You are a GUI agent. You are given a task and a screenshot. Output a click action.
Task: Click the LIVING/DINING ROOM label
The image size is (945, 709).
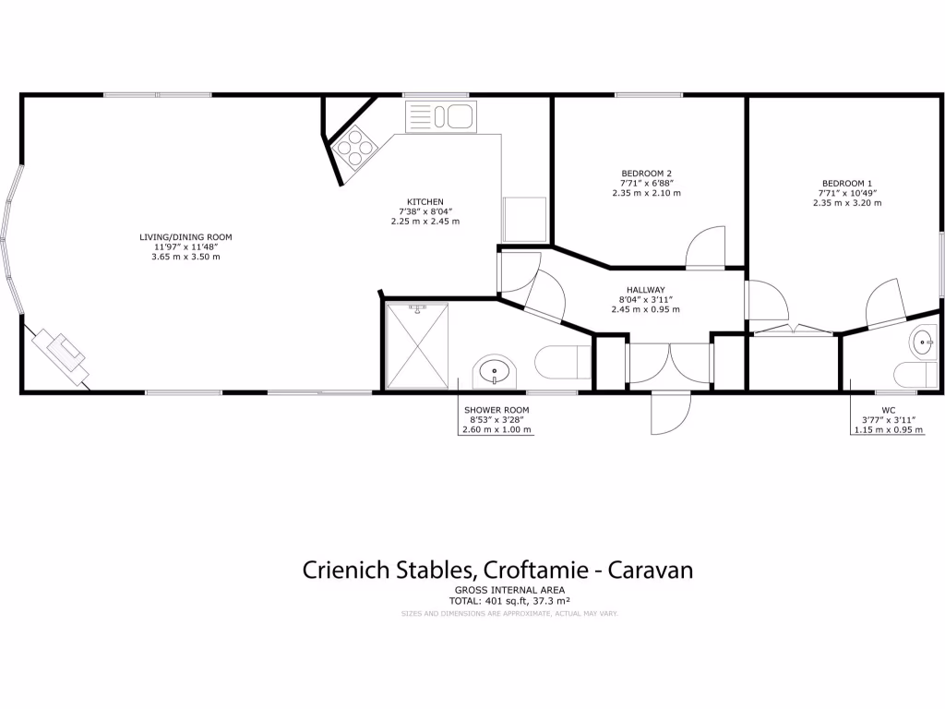click(185, 237)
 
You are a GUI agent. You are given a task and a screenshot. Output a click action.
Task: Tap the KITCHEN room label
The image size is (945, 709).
click(425, 201)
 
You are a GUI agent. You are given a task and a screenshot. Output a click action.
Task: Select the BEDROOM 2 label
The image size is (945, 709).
click(646, 174)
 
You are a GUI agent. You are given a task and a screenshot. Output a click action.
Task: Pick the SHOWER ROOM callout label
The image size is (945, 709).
click(496, 409)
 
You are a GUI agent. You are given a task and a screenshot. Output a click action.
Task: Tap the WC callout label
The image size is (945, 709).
click(888, 409)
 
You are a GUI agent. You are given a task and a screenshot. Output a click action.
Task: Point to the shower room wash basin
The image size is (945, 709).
click(495, 373)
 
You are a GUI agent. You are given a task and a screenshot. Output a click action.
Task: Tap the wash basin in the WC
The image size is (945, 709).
click(924, 342)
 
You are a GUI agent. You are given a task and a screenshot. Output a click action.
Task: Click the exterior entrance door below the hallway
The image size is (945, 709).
click(668, 412)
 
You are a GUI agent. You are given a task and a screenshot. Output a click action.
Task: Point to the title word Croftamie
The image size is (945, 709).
click(529, 570)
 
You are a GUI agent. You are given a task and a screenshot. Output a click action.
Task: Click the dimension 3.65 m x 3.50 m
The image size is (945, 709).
click(185, 256)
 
